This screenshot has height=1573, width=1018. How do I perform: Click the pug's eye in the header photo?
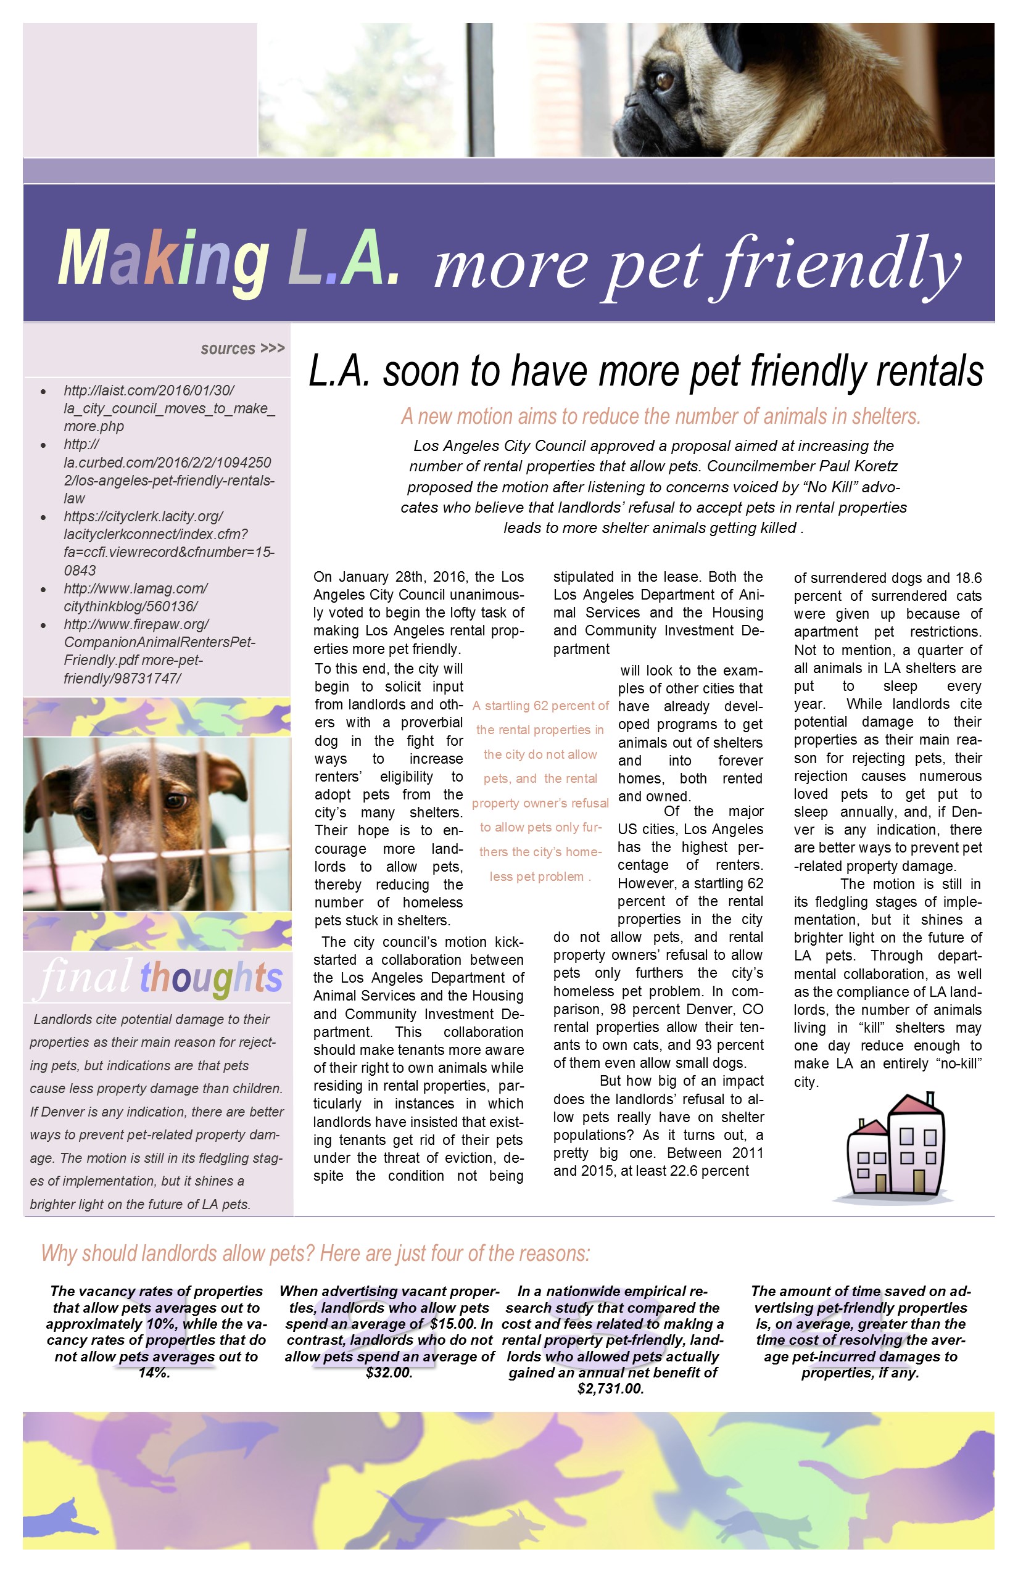coord(664,81)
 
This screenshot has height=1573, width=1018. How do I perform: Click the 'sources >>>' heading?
coord(242,349)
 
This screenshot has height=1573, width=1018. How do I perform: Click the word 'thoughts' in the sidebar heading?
coord(211,978)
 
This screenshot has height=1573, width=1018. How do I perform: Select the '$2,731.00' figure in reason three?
coord(610,1389)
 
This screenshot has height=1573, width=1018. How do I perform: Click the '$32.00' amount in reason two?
coord(389,1373)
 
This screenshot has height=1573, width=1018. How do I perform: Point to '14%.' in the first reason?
coord(154,1373)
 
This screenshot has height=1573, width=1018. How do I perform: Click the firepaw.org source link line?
coord(136,624)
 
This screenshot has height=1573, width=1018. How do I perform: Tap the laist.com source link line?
coord(149,390)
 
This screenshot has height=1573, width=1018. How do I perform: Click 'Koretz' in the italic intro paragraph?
coord(875,466)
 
